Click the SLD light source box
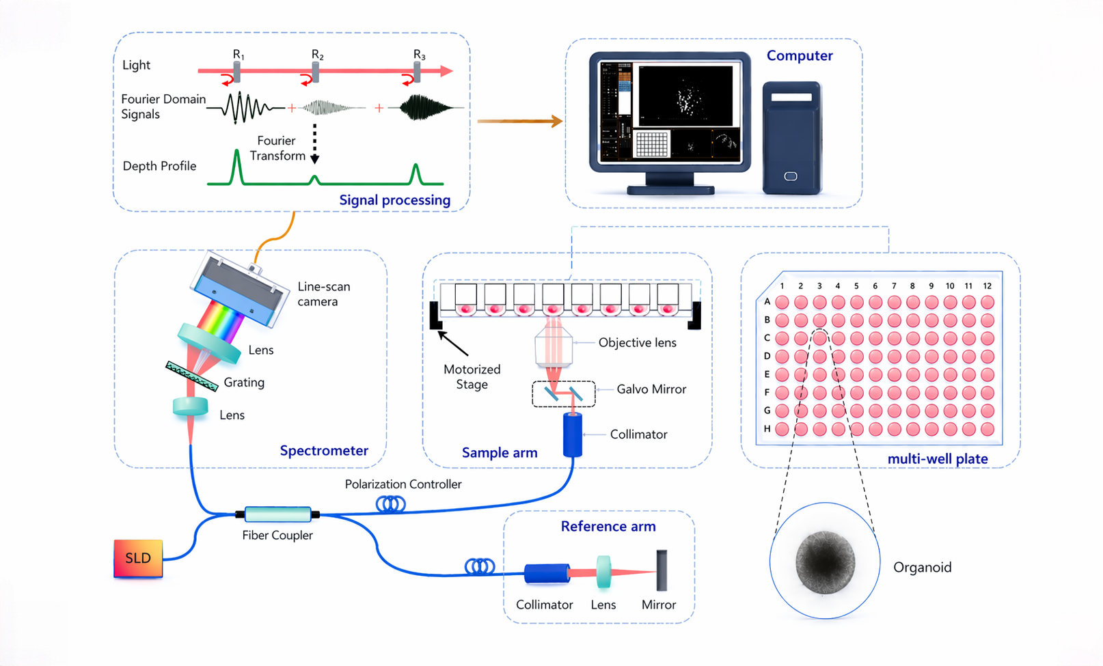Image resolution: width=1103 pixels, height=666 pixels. coord(138,558)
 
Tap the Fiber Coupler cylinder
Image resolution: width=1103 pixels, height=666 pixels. coord(277,514)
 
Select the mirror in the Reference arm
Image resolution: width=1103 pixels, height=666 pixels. coord(662,570)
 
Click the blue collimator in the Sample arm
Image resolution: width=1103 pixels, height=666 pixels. coord(573,435)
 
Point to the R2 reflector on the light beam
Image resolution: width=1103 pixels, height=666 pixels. coord(316,72)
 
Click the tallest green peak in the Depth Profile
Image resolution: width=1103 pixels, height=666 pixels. coord(237,167)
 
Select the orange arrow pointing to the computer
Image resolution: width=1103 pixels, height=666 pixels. coord(520,121)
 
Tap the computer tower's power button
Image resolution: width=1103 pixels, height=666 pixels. coord(791,176)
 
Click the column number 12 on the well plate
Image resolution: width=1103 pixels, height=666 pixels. coord(988,286)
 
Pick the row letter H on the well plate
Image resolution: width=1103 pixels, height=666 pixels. coord(767,428)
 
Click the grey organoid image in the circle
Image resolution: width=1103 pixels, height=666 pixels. coord(826,562)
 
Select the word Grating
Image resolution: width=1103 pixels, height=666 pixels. coord(244,383)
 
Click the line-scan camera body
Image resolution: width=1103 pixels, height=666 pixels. coord(240,290)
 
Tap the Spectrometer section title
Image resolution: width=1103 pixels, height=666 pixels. coord(324,450)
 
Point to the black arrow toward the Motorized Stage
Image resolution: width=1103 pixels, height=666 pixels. coord(453,343)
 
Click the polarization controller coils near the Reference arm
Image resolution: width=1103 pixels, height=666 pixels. coord(480,566)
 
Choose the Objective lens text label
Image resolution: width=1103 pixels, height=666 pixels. coord(638,343)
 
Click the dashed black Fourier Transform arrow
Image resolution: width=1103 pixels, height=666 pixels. coord(314,143)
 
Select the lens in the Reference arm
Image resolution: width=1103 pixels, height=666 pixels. coord(603,572)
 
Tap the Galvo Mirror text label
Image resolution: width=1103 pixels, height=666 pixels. coord(651,389)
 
